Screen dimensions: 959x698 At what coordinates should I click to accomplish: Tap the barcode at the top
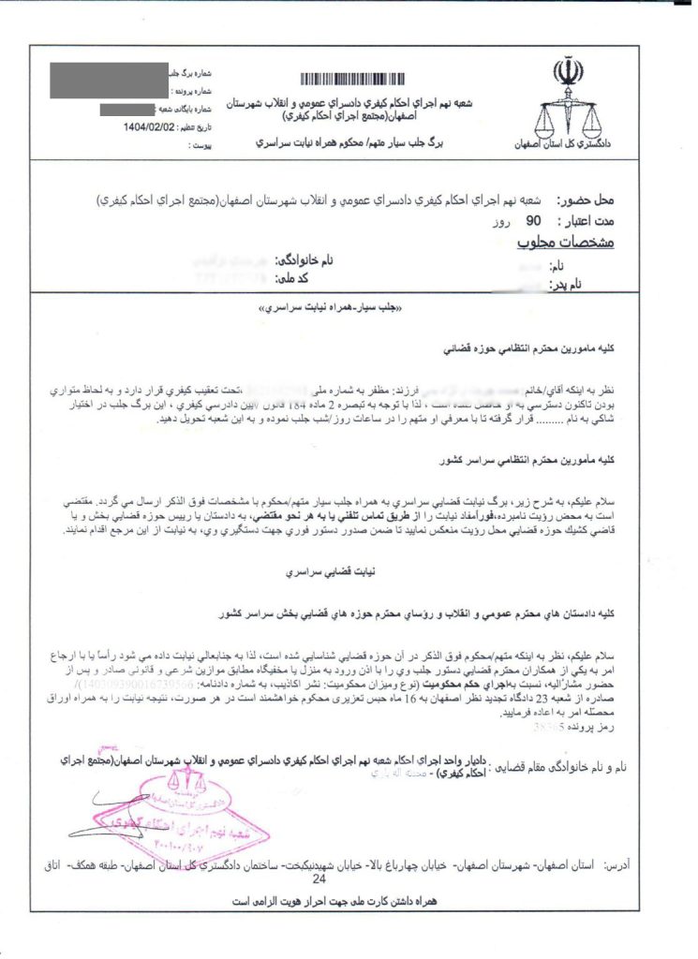click(x=364, y=79)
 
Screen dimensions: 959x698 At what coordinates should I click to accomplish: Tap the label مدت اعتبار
click(x=584, y=221)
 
